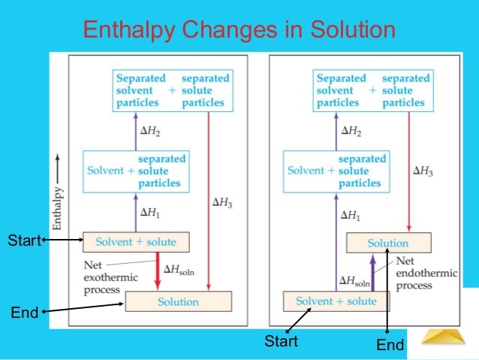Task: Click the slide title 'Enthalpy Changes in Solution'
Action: click(239, 30)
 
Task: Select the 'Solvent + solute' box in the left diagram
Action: click(135, 241)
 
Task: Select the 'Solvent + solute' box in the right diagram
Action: click(336, 301)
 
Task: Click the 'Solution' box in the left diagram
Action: click(178, 301)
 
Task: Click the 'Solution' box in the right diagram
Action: click(387, 243)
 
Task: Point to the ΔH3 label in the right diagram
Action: click(423, 171)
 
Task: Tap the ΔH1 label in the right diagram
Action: click(351, 215)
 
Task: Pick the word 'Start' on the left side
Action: click(23, 241)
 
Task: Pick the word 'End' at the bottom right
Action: click(390, 345)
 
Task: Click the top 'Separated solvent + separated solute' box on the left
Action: click(173, 90)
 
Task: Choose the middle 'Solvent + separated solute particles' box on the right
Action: click(336, 171)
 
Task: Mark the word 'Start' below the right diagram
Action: click(281, 342)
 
